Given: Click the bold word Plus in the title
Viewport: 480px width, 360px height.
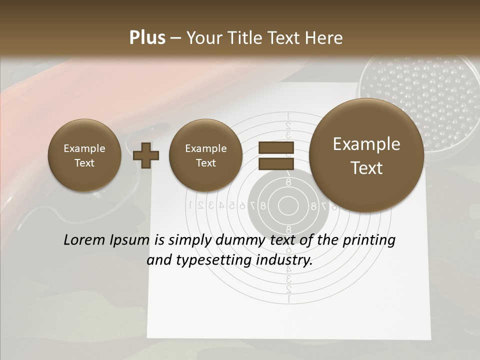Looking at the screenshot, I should pyautogui.click(x=147, y=38).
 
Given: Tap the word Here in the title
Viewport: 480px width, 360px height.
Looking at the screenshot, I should pyautogui.click(x=325, y=38).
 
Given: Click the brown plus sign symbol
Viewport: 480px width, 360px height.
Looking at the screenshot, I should pyautogui.click(x=146, y=155).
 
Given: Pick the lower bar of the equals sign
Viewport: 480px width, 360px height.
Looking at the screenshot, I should pyautogui.click(x=275, y=164).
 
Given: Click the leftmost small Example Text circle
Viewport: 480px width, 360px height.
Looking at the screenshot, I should pyautogui.click(x=84, y=155).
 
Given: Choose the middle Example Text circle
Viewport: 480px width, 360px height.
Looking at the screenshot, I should pyautogui.click(x=206, y=155).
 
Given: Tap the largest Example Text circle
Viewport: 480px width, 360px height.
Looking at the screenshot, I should pyautogui.click(x=366, y=155).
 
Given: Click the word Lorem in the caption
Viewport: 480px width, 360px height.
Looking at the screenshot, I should pyautogui.click(x=82, y=240).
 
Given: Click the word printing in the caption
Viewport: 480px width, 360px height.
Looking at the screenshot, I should pyautogui.click(x=369, y=240).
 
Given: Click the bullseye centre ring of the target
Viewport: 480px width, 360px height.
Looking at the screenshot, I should pyautogui.click(x=288, y=205).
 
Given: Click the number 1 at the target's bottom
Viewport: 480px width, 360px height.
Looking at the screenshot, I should pyautogui.click(x=288, y=299).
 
